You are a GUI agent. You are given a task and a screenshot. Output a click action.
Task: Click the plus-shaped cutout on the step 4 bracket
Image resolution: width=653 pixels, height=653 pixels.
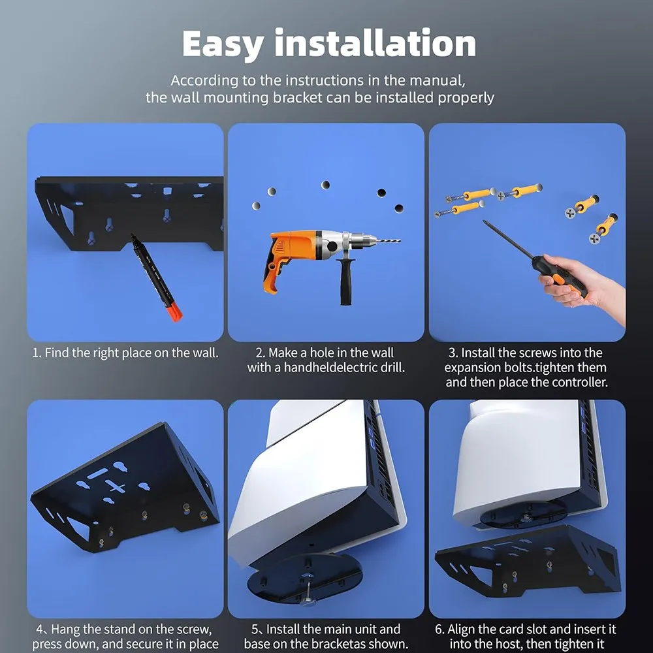(x=116, y=487)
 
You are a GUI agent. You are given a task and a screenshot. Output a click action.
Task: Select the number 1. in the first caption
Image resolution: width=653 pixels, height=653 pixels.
(x=37, y=353)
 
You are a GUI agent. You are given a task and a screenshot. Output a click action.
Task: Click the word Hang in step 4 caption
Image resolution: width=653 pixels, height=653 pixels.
(x=66, y=630)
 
